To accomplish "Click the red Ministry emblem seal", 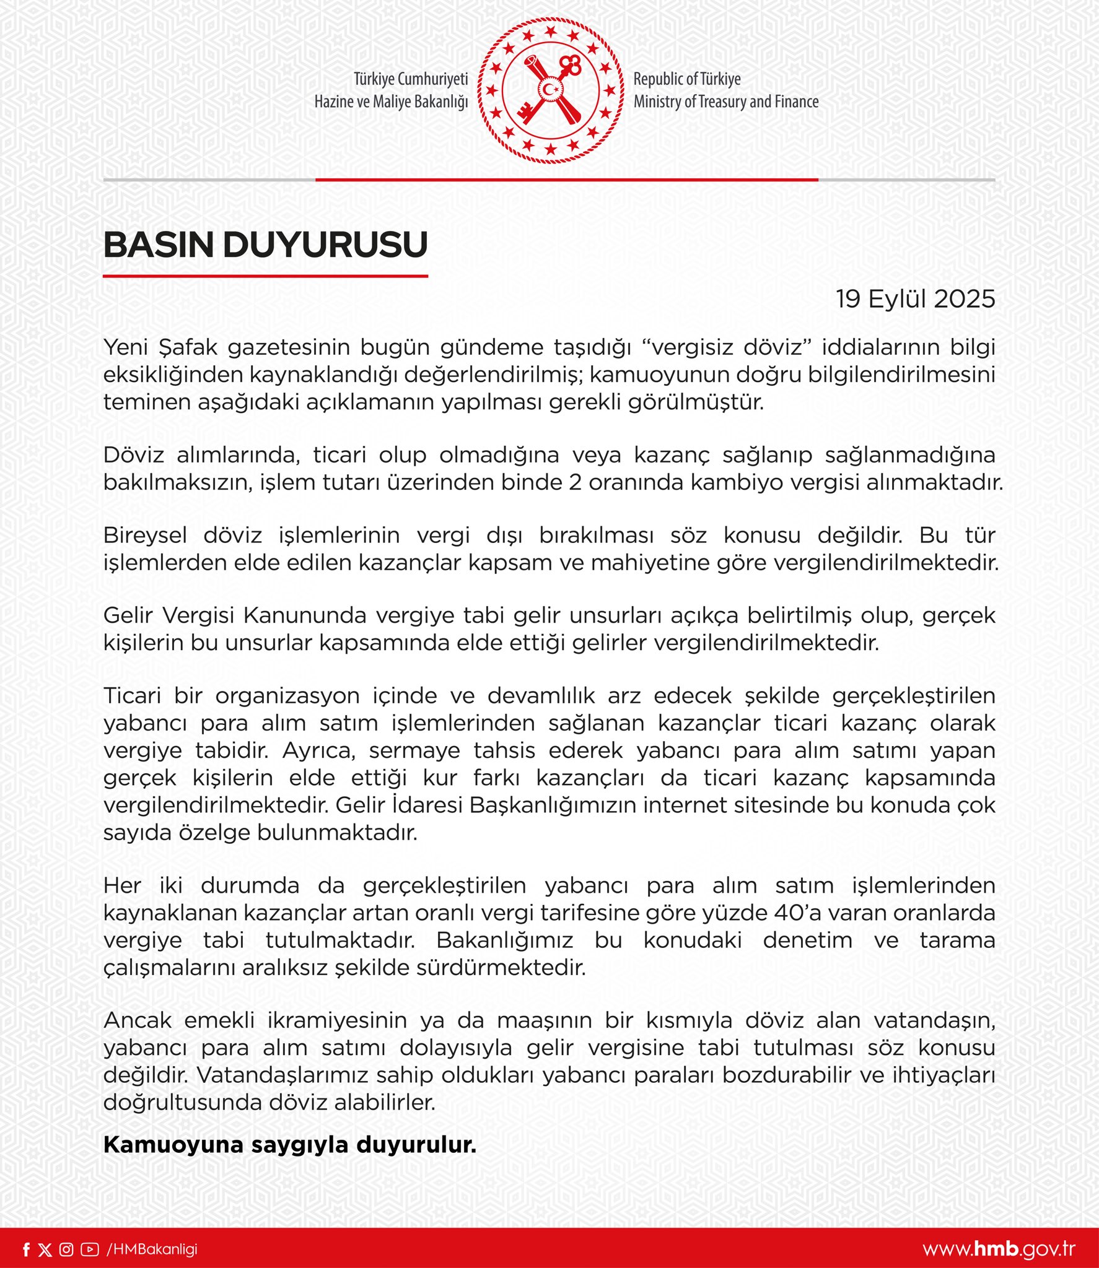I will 550,90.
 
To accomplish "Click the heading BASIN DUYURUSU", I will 265,245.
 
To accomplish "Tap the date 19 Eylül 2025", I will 915,299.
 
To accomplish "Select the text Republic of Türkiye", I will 686,79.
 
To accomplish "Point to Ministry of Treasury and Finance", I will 725,102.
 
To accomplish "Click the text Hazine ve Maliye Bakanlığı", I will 391,102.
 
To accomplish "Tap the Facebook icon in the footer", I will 26,1249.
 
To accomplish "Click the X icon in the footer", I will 45,1249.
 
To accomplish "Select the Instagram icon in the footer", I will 66,1249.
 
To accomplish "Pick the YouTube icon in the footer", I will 89,1249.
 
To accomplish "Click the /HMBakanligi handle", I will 152,1249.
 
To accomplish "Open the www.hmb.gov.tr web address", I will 999,1249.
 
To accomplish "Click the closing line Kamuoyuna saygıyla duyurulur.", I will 289,1145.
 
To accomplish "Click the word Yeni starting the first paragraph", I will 126,347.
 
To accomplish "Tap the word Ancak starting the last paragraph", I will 137,1020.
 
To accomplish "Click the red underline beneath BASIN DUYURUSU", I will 265,276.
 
